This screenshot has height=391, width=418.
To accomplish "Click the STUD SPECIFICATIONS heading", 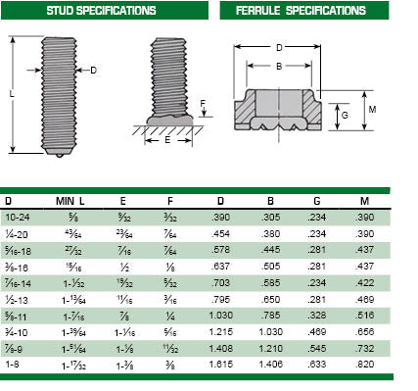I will point(101,11).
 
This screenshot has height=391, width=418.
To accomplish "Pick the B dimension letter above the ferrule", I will point(279,67).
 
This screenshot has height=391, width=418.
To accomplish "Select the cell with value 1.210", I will point(276,346).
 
